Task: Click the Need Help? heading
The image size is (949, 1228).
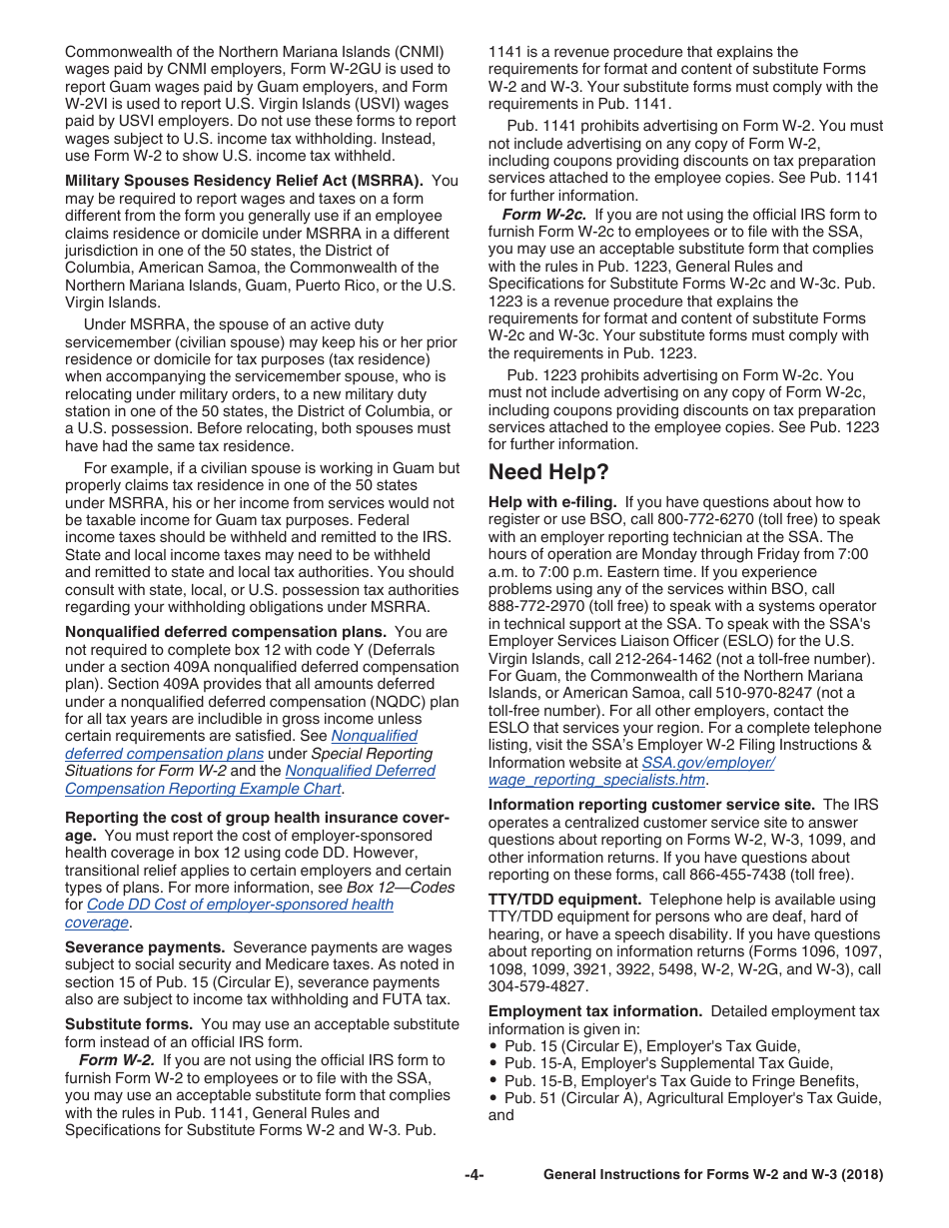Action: [547, 472]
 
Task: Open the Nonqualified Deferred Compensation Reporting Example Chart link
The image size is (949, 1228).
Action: [250, 780]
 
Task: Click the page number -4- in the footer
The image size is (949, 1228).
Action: [474, 1175]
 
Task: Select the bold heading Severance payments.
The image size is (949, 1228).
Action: [144, 947]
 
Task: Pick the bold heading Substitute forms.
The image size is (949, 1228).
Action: [129, 1024]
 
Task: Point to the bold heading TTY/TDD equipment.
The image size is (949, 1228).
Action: [564, 900]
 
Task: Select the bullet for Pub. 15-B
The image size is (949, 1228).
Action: [493, 1081]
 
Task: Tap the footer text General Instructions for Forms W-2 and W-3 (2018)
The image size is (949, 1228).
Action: [712, 1175]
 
